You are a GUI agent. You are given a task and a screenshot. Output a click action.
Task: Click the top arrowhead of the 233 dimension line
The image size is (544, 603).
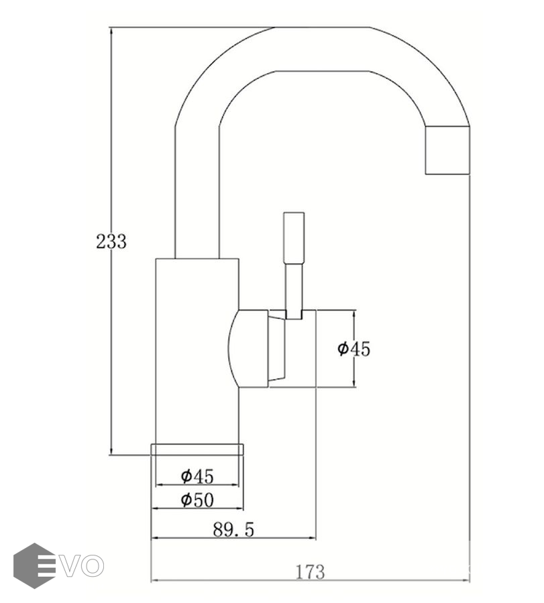pos(111,29)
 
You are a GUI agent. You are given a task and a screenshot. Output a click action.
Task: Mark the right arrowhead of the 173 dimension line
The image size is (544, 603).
pos(468,580)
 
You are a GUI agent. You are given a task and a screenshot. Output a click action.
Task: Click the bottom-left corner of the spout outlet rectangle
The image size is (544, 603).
pos(425,174)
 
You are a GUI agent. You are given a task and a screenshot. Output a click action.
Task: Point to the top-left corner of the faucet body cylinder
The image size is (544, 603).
pos(156,259)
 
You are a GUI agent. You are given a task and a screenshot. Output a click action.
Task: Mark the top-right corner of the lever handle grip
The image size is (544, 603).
pos(304,212)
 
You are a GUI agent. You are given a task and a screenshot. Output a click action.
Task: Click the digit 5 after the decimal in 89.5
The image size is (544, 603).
pos(248,530)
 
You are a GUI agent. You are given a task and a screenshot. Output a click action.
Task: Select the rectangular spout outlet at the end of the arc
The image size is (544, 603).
pos(447,150)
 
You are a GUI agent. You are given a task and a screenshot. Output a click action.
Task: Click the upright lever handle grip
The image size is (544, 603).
pos(294,237)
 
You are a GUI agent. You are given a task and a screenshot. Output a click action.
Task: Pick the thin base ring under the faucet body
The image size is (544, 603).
pos(197,450)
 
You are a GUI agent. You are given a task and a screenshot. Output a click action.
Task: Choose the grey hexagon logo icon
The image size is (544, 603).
pos(34,565)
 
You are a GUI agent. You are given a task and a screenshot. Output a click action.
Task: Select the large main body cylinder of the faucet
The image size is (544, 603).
pos(197,351)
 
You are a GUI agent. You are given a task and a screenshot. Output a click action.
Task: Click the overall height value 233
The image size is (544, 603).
pos(111,241)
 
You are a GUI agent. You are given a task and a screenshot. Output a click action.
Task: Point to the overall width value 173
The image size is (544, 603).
pos(311,572)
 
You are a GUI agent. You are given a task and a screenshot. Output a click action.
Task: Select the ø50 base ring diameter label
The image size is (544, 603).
pos(197,500)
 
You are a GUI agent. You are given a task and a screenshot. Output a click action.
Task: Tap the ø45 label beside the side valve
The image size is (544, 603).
pos(353,349)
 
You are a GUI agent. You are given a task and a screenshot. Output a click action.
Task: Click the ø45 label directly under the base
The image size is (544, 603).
pos(197,476)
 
